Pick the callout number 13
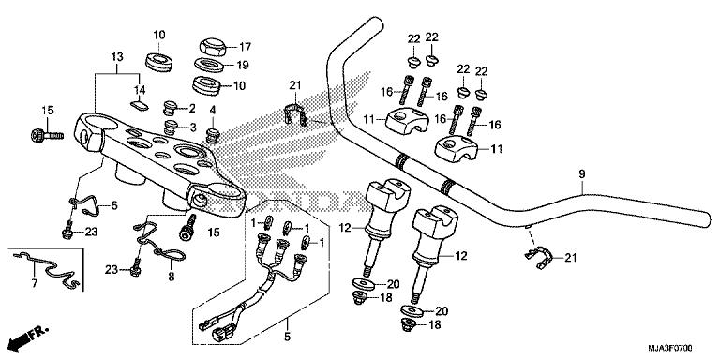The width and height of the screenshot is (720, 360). (116, 56)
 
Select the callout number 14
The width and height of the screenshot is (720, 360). (141, 90)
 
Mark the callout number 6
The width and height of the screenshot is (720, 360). (115, 206)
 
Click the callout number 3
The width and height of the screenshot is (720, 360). (191, 127)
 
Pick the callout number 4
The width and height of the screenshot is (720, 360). (213, 111)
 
